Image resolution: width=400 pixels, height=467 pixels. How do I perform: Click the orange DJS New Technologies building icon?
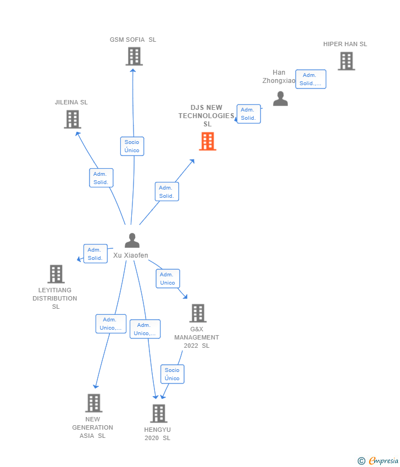207,141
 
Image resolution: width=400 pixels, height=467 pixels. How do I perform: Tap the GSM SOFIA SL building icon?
134,56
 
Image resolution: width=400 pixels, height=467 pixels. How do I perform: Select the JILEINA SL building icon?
73,119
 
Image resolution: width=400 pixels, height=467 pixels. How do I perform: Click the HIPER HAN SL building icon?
346,61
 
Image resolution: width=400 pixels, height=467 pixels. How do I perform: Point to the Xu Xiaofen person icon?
132,241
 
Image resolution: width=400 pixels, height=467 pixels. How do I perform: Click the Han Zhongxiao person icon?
280,99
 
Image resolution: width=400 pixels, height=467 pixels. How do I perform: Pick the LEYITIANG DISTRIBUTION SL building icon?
56,274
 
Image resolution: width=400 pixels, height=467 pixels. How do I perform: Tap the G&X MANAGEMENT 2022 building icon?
198,313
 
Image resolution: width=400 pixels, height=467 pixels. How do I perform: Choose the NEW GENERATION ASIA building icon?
93,403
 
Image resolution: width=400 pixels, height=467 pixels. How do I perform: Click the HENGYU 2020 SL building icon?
158,413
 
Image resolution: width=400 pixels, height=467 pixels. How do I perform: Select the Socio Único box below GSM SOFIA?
132,146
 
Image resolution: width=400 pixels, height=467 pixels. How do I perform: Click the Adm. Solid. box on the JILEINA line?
101,178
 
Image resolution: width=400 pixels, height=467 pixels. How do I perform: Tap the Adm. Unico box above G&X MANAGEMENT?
168,279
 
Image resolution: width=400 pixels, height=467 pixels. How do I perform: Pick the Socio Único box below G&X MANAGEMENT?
172,374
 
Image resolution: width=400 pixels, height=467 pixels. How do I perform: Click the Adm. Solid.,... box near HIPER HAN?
310,79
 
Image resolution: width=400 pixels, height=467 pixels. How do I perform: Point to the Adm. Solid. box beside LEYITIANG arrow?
95,254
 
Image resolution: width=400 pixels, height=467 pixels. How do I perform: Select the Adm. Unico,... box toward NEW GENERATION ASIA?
110,324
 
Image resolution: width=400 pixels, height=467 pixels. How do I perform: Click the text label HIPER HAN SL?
345,44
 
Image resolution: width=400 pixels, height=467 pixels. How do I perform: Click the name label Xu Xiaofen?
131,255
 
